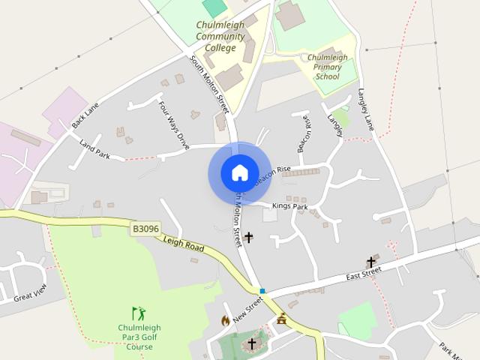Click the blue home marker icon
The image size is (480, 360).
coord(239,173)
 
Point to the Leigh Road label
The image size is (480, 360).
coord(184,242)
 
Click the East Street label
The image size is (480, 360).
coord(364,277)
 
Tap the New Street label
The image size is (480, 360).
coord(247,309)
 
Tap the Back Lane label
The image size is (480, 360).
coord(85,115)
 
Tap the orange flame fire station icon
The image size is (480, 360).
coord(225,320)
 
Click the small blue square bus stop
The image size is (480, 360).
coord(262,291)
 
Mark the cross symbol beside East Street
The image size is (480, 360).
coord(370,262)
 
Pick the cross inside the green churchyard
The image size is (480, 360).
coord(252,343)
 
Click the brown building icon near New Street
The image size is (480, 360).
coord(281,319)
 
